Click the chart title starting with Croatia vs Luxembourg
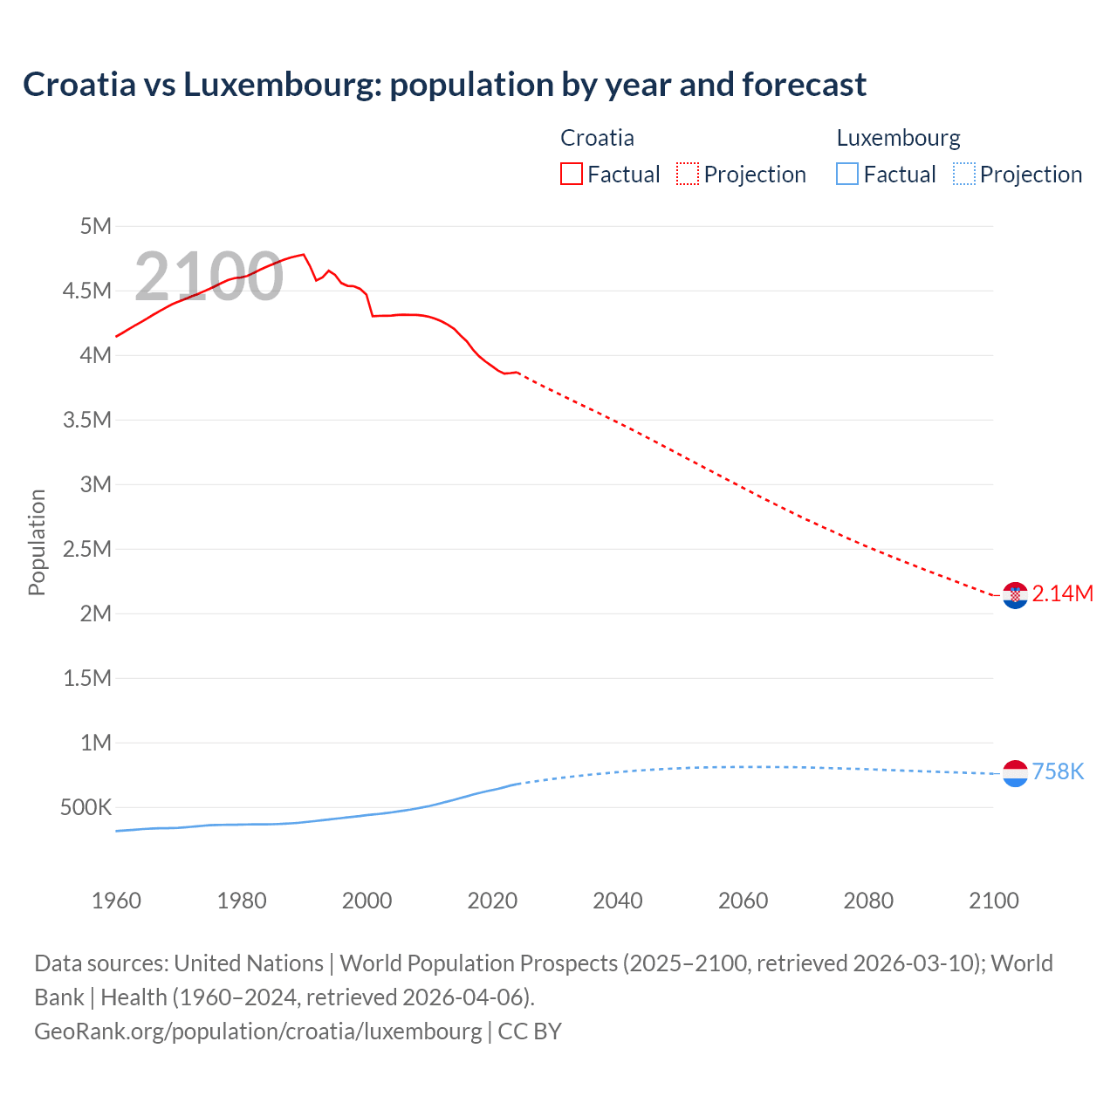click(444, 85)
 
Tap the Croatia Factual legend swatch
click(571, 174)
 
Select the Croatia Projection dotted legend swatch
click(688, 174)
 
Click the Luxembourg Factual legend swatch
click(847, 174)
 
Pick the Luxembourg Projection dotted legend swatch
click(964, 174)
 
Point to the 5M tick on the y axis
click(96, 227)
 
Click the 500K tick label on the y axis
click(86, 807)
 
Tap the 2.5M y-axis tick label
click(87, 549)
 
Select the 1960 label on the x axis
click(116, 901)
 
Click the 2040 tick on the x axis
click(618, 901)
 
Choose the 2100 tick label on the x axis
click(993, 901)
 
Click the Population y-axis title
click(37, 542)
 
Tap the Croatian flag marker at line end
click(1015, 595)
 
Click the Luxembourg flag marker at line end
click(1015, 773)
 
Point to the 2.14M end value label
click(1062, 594)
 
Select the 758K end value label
click(1058, 772)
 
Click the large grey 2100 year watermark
click(209, 277)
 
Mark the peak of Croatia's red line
click(303, 255)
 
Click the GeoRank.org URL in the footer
click(257, 1031)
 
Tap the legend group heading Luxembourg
click(898, 138)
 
